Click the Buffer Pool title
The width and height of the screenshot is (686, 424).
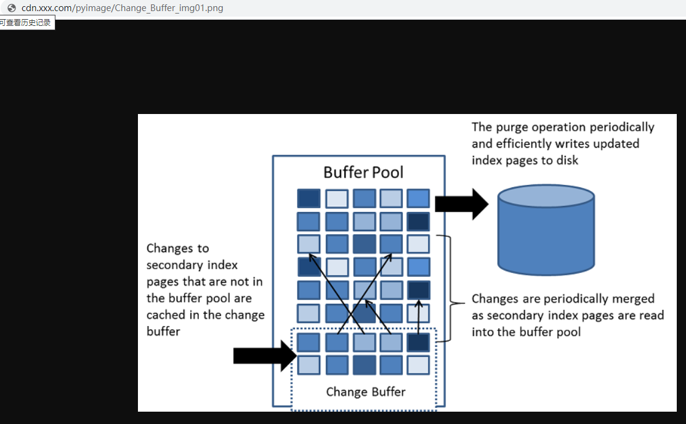pos(363,172)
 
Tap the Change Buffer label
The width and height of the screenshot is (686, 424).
pos(366,392)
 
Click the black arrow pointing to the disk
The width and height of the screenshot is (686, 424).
pos(461,204)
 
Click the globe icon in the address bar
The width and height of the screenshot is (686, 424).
pos(11,8)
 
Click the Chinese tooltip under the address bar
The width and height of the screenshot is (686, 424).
pos(26,23)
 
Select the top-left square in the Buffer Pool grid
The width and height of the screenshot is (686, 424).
pos(309,198)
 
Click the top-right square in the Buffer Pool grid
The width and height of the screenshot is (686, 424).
pos(418,198)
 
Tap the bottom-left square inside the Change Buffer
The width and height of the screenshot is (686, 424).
pos(309,365)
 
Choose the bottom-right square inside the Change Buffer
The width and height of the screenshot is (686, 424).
pos(418,365)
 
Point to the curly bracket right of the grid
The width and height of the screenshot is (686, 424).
pos(454,288)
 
